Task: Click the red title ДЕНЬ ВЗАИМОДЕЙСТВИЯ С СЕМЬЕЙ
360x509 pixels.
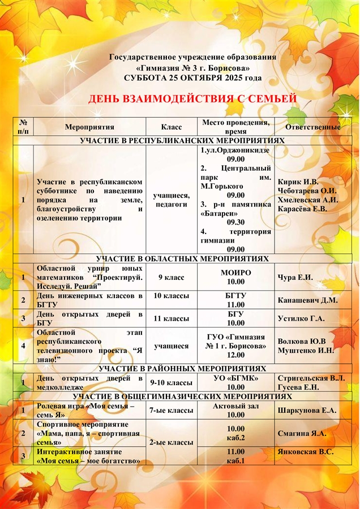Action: tap(192, 100)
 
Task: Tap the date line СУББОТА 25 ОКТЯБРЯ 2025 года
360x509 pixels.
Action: tap(192, 77)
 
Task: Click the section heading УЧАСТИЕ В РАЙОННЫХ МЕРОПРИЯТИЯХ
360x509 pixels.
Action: tap(182, 368)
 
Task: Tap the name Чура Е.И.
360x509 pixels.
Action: tap(295, 277)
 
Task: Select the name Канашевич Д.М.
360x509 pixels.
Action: tap(307, 300)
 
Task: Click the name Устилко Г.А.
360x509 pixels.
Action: tap(301, 318)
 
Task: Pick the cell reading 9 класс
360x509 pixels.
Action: tap(171, 277)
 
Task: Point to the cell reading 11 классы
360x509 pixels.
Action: tap(171, 318)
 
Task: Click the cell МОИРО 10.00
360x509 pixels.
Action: tap(235, 277)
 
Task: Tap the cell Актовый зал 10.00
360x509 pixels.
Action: tap(235, 411)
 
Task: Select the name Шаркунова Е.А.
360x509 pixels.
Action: tap(307, 411)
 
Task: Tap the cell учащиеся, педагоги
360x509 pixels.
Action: tap(171, 200)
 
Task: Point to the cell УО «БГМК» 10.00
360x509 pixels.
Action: tap(235, 382)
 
